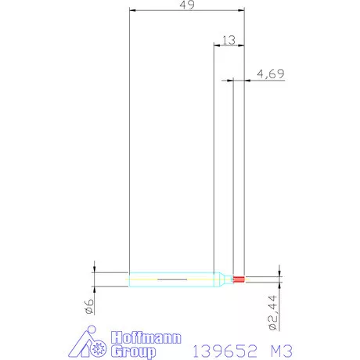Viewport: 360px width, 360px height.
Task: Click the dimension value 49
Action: tap(186, 5)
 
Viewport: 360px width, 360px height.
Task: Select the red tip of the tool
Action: tap(239, 279)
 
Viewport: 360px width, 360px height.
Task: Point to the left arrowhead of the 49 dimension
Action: tap(132, 11)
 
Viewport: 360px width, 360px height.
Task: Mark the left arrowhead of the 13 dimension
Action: tap(217, 45)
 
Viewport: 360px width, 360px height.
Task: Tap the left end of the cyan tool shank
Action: tap(131, 279)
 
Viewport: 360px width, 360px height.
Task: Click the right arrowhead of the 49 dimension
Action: tap(241, 11)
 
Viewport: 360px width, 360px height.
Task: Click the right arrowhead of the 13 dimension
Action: tap(241, 45)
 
